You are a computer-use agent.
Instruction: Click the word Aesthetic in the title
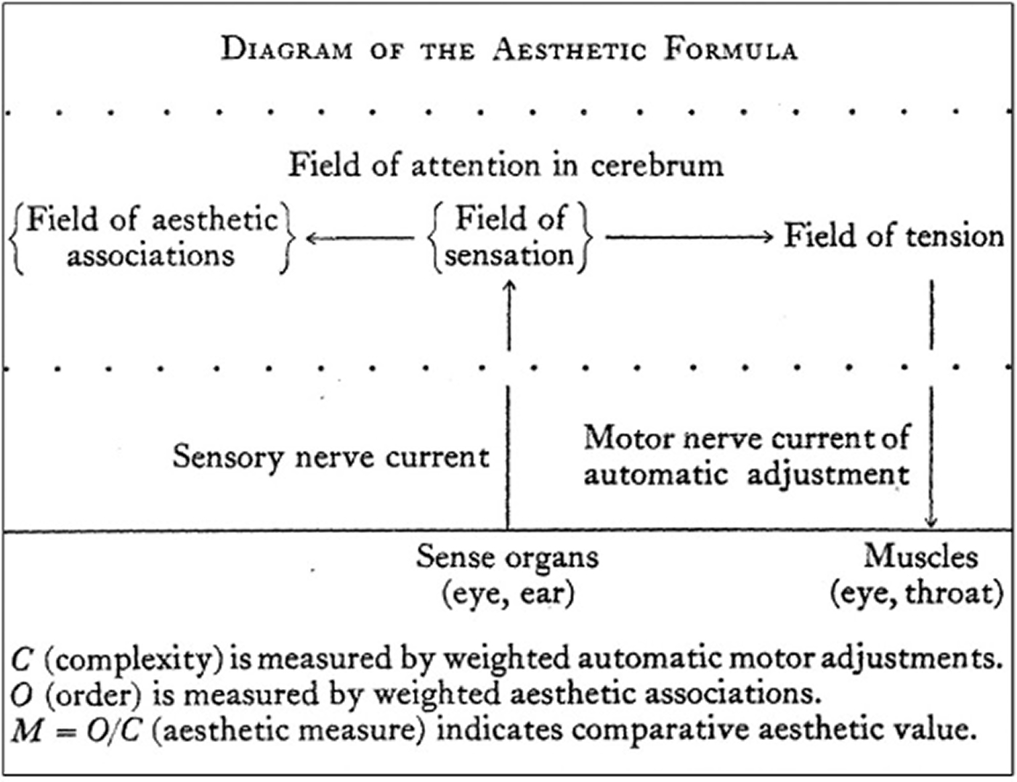pos(570,49)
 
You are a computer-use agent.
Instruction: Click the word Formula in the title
pos(731,49)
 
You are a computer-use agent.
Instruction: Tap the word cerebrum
pos(657,166)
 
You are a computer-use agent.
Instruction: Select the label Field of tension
pos(894,235)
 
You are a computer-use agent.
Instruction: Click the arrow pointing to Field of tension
pos(689,237)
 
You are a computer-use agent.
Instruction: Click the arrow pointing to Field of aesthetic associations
pos(360,238)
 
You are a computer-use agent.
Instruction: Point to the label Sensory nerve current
pos(331,457)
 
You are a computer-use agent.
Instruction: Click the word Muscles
pos(921,557)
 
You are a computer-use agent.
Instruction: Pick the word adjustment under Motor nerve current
pos(828,476)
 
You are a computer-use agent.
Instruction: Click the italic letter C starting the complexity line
pos(22,659)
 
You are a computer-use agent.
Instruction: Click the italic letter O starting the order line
pos(22,696)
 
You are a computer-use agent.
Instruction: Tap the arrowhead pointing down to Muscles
pos(931,522)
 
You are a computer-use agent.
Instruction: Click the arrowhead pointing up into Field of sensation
pos(509,286)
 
